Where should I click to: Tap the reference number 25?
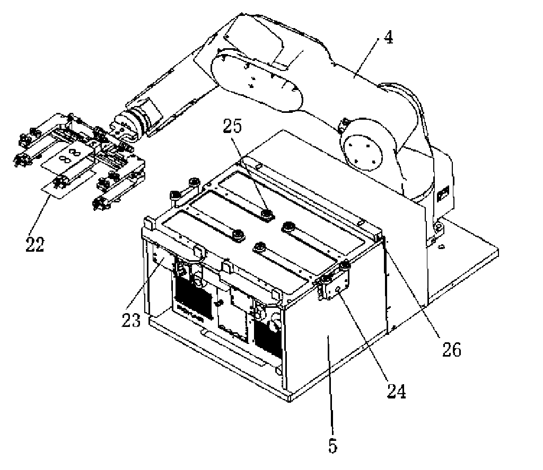[232, 126]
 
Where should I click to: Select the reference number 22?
[35, 245]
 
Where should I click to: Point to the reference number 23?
[132, 320]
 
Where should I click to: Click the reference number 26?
[452, 350]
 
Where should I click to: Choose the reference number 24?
[396, 392]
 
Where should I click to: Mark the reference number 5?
[333, 446]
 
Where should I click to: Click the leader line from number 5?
[330, 386]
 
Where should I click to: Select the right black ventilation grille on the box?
[268, 335]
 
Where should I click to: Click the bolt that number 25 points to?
[266, 214]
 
